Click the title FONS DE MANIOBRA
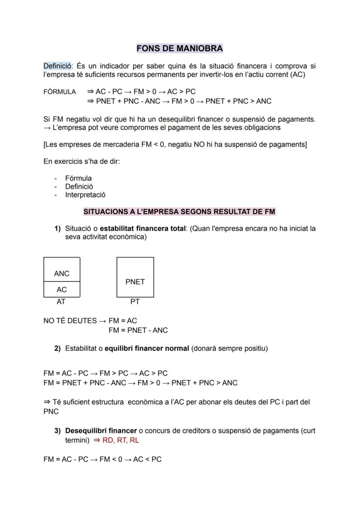click(x=180, y=48)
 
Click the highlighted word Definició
click(x=58, y=66)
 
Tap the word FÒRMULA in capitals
click(x=60, y=92)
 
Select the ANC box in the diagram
click(x=62, y=273)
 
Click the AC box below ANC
click(x=62, y=289)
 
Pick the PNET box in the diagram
click(x=135, y=282)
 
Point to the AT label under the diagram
click(x=61, y=301)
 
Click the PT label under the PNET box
click(x=135, y=301)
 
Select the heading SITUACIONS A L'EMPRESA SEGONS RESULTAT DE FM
click(x=179, y=212)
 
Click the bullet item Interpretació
click(x=85, y=195)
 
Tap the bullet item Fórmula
click(x=78, y=178)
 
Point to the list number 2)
click(x=57, y=349)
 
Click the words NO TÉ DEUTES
click(x=70, y=321)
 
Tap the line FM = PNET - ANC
click(x=138, y=330)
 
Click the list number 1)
click(x=57, y=229)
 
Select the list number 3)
click(x=57, y=431)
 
